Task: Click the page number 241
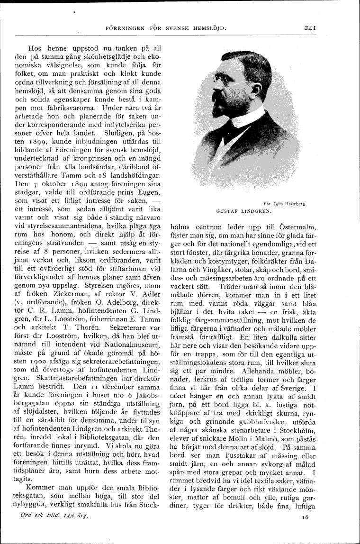[311, 28]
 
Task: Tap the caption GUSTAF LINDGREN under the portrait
[243, 210]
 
